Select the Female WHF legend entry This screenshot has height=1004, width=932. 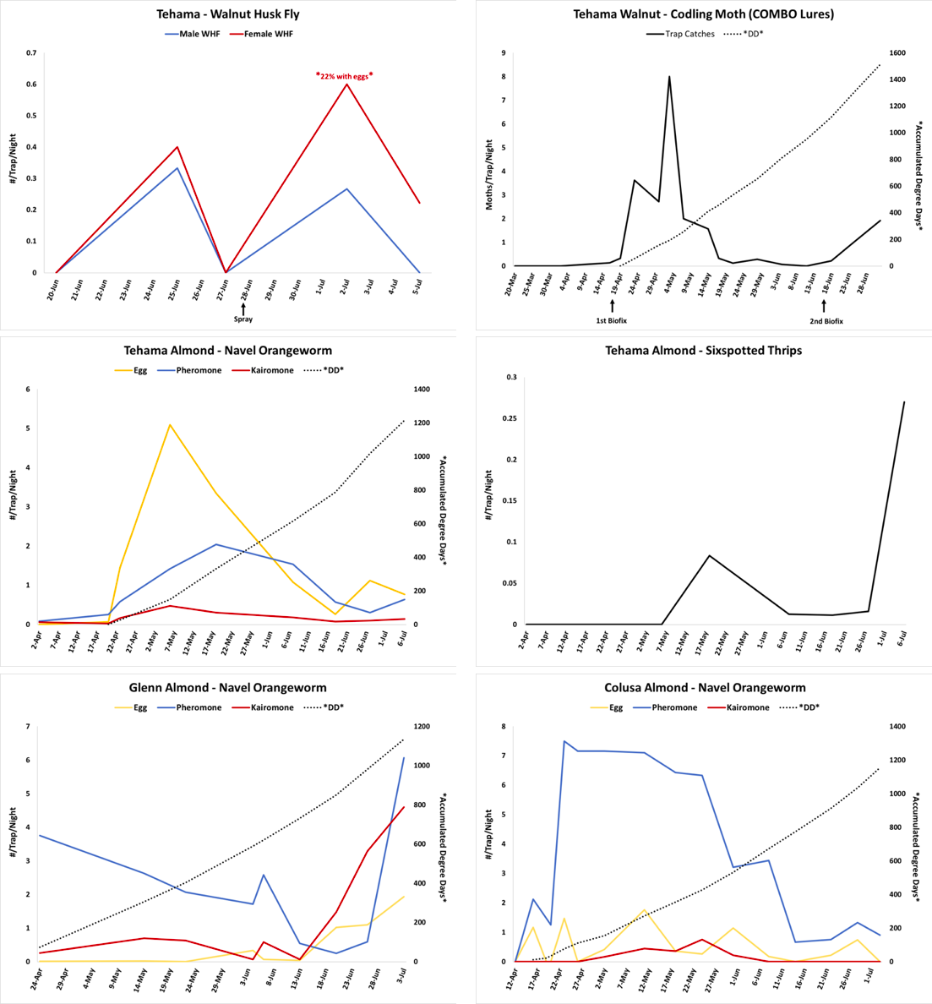coord(268,34)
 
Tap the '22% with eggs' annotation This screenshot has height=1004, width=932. coord(344,75)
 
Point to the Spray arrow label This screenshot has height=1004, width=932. coord(243,319)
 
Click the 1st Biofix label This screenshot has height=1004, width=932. coord(611,321)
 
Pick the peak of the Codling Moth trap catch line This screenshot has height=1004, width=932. coord(669,77)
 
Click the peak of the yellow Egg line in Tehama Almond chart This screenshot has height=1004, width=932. coord(170,425)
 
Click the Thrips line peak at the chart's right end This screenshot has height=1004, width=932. coord(904,402)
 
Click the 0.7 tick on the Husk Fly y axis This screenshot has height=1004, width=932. coord(31,52)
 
